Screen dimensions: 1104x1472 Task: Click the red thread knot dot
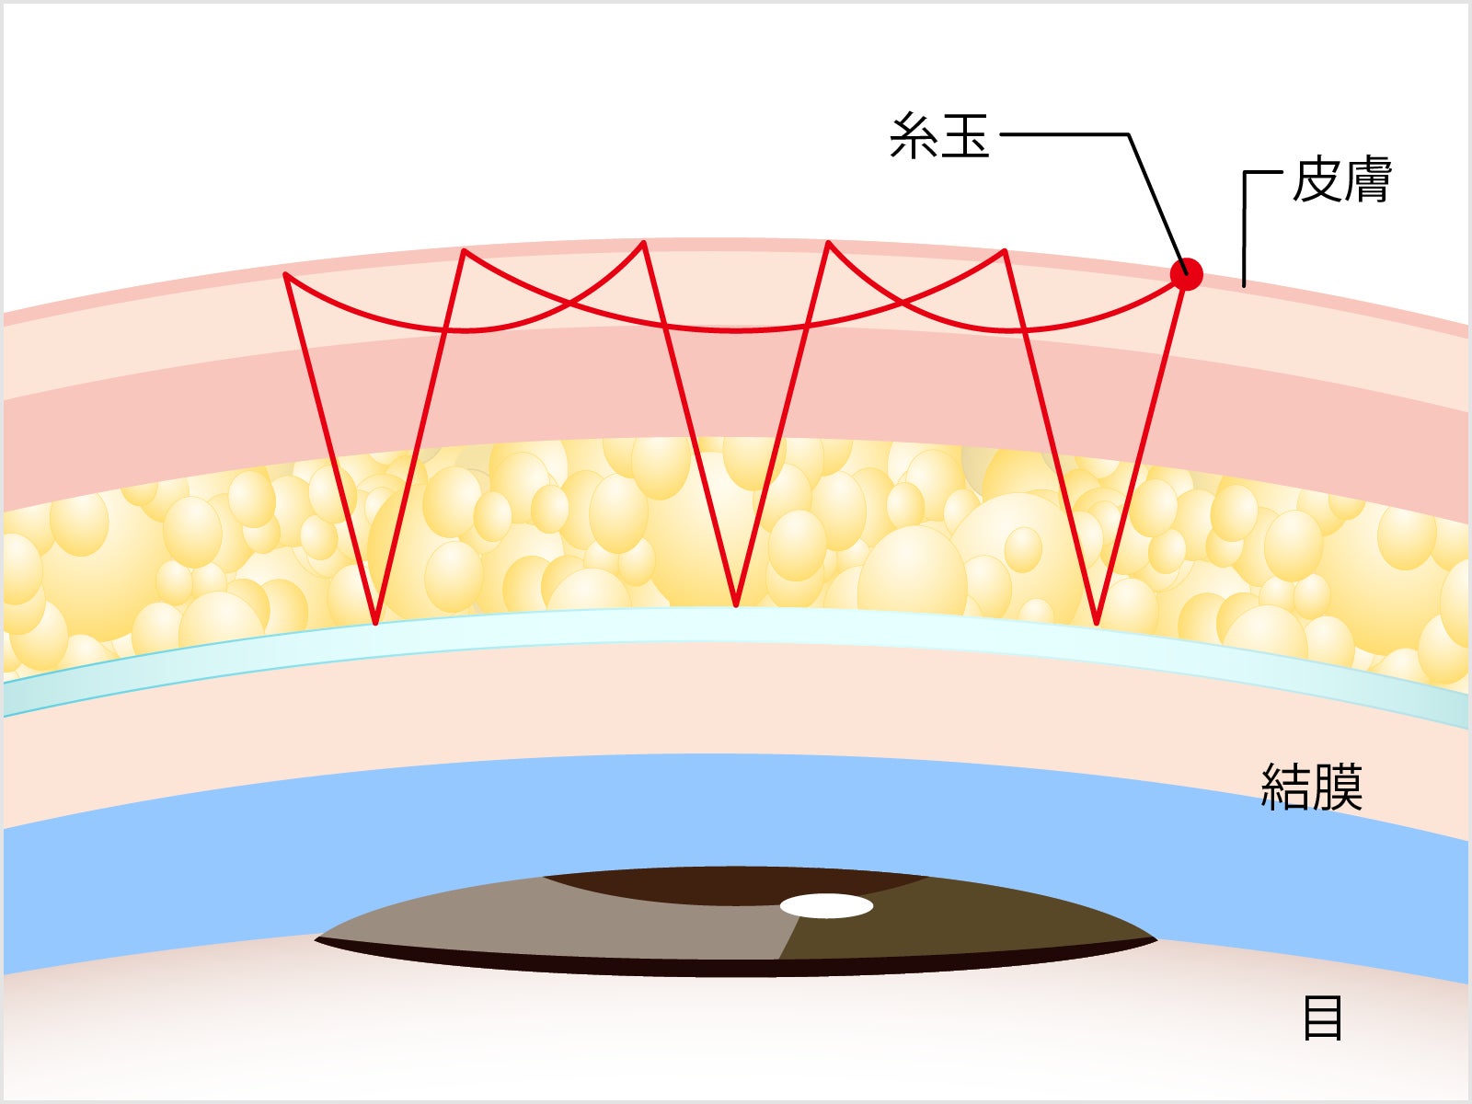click(1186, 273)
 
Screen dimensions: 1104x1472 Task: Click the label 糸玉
click(939, 136)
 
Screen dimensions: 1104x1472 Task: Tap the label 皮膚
click(1341, 180)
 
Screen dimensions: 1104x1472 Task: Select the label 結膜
click(1311, 787)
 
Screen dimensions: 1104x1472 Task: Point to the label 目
click(1323, 1018)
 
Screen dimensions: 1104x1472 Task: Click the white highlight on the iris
click(826, 906)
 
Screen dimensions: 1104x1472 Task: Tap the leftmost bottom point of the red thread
click(375, 622)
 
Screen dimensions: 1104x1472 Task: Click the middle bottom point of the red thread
click(736, 604)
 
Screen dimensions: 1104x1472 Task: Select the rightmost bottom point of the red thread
click(1097, 622)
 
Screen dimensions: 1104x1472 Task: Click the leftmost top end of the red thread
click(287, 275)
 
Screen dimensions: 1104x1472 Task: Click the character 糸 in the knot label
click(914, 136)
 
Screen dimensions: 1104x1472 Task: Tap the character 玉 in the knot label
click(965, 136)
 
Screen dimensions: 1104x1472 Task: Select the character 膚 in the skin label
click(1366, 180)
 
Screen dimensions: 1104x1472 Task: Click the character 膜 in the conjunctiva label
click(1337, 787)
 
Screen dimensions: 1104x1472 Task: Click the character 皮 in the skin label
click(1317, 180)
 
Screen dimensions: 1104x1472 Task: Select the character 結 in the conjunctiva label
click(1285, 787)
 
